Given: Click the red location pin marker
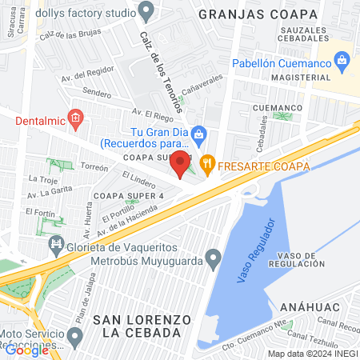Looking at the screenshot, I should pos(181,162).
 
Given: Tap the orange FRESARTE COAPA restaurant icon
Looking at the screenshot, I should pos(207,166).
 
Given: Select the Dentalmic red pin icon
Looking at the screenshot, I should pos(76,120).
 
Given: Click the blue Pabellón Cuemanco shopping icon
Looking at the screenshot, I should pos(342,60).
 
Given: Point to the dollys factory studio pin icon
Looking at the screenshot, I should pos(146,10).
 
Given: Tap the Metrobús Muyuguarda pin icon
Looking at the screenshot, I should pos(213,258).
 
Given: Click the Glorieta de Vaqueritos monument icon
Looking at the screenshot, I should pos(56,243).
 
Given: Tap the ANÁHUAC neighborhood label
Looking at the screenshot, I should pos(311,306).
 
